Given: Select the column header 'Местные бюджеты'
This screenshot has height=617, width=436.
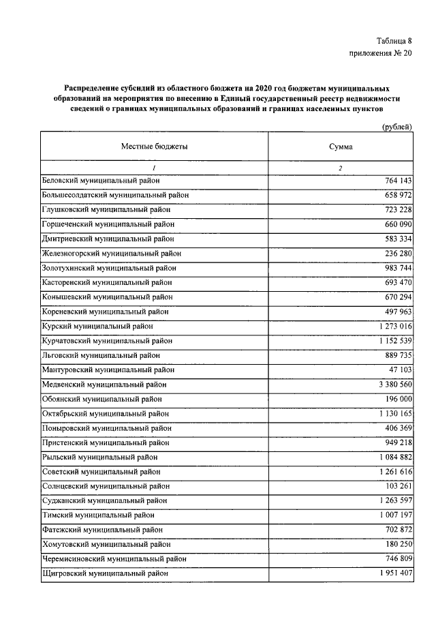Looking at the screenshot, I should pyautogui.click(x=155, y=147).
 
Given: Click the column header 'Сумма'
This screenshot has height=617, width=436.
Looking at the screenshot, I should pyautogui.click(x=340, y=147).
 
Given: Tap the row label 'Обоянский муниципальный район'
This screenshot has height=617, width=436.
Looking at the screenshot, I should pyautogui.click(x=102, y=399).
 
